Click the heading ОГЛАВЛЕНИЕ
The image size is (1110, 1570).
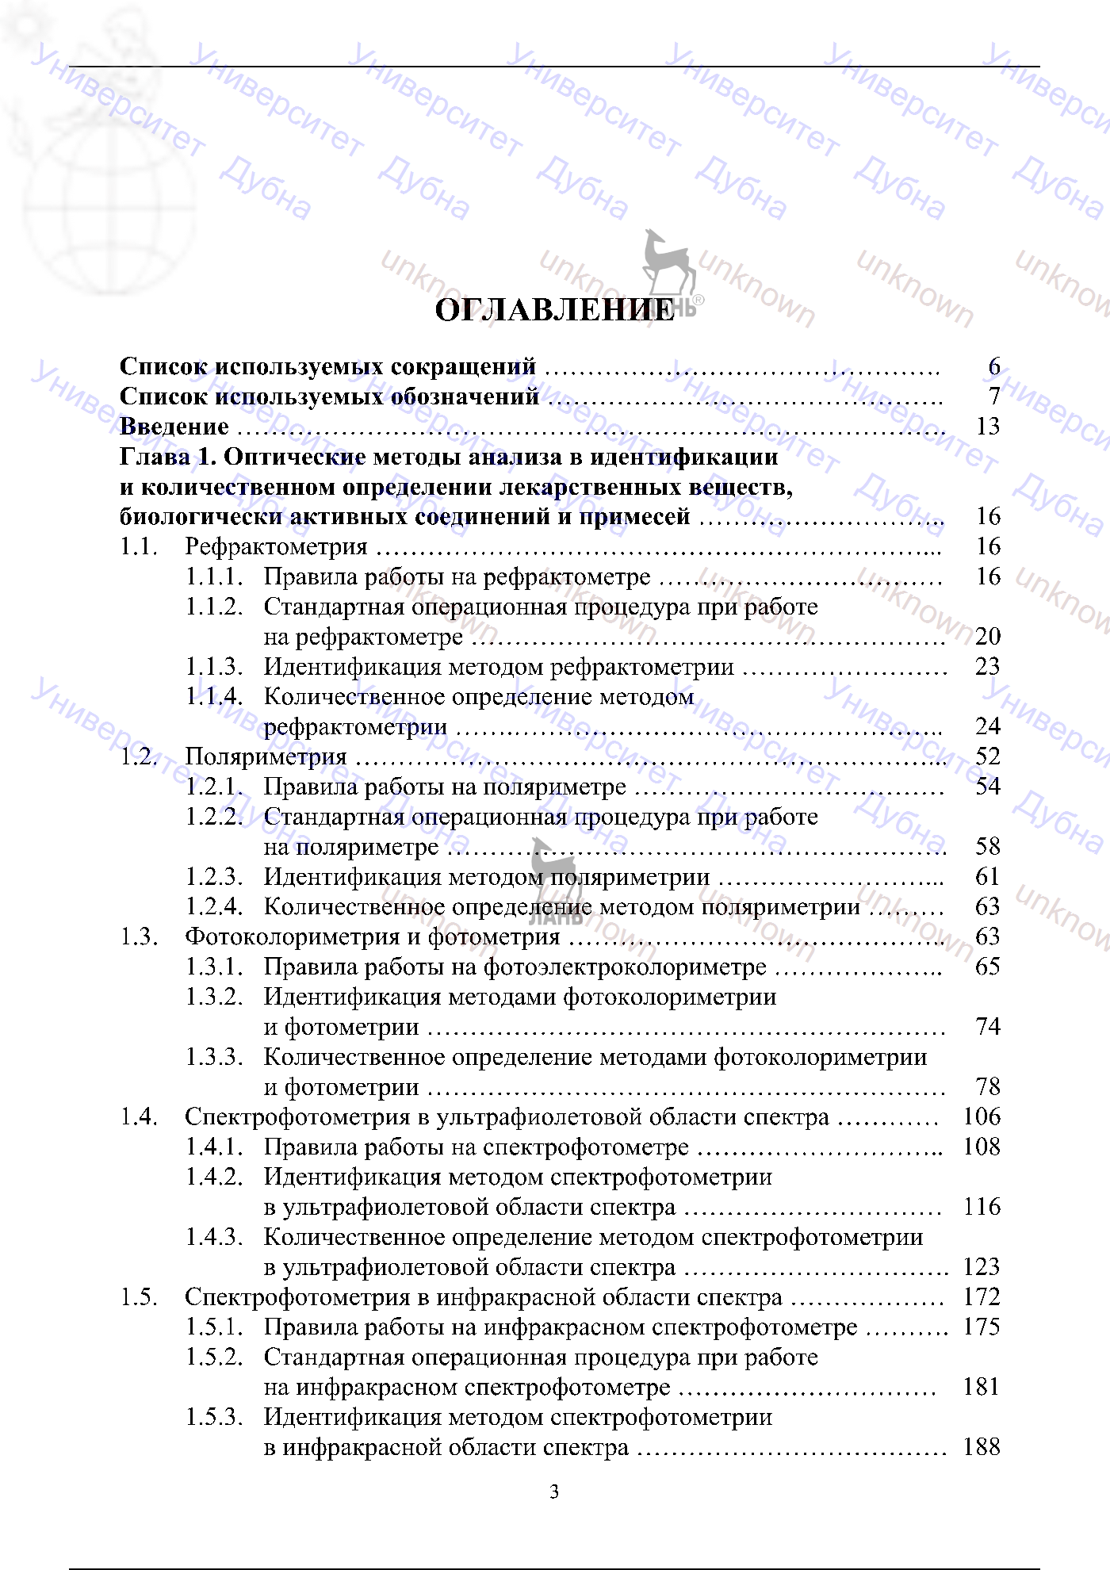[554, 310]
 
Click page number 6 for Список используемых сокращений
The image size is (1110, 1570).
[993, 366]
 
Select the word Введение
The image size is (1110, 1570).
[174, 427]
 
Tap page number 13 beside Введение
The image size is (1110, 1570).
[988, 427]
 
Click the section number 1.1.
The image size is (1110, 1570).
[139, 546]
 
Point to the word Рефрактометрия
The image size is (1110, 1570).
[276, 546]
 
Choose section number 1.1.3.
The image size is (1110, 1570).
[214, 667]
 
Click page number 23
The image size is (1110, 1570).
[988, 667]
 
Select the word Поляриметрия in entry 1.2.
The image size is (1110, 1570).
[266, 756]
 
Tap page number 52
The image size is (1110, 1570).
[988, 756]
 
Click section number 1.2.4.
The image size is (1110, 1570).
[214, 906]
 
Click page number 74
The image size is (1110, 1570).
[988, 1027]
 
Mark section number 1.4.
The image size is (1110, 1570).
[139, 1117]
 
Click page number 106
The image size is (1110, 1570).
[982, 1117]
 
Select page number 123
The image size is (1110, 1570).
[982, 1267]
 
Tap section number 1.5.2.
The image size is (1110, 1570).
[214, 1357]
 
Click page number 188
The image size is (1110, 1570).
[982, 1447]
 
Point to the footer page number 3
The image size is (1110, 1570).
[554, 1492]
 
